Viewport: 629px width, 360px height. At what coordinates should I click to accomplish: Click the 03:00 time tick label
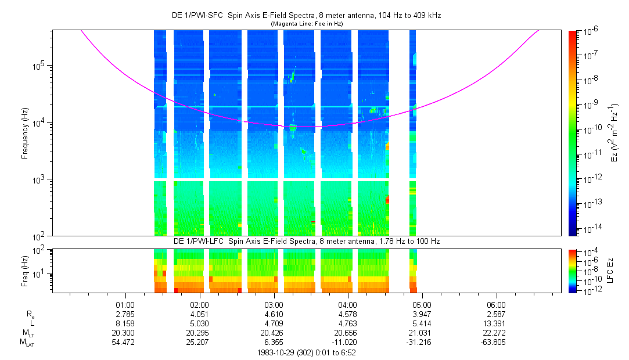274,304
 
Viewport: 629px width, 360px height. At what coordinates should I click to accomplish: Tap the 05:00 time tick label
422,304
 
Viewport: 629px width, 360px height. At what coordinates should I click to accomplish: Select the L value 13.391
496,323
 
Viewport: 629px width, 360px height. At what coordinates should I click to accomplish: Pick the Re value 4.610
274,314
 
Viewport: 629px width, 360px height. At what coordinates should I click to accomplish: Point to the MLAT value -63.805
496,342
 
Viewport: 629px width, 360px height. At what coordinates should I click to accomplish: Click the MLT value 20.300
125,333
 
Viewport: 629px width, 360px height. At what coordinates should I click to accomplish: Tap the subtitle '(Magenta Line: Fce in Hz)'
307,24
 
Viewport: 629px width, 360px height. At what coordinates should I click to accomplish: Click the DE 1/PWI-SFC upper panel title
307,16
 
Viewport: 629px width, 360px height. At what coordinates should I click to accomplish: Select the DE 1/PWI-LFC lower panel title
307,241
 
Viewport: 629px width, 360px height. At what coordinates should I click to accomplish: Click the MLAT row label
25,343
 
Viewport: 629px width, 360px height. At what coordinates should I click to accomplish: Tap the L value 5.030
200,323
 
